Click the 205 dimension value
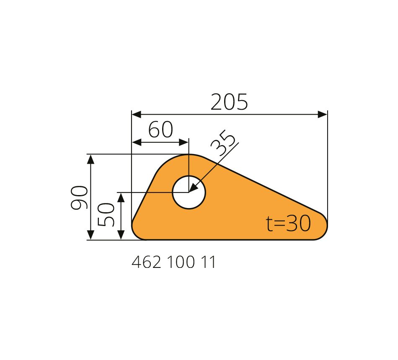(229, 102)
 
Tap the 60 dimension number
(160, 129)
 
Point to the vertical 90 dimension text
(79, 198)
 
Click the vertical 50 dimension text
(106, 214)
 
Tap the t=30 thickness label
(288, 223)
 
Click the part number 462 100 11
(173, 262)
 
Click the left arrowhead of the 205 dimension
(137, 114)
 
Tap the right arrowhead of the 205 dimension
(323, 114)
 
